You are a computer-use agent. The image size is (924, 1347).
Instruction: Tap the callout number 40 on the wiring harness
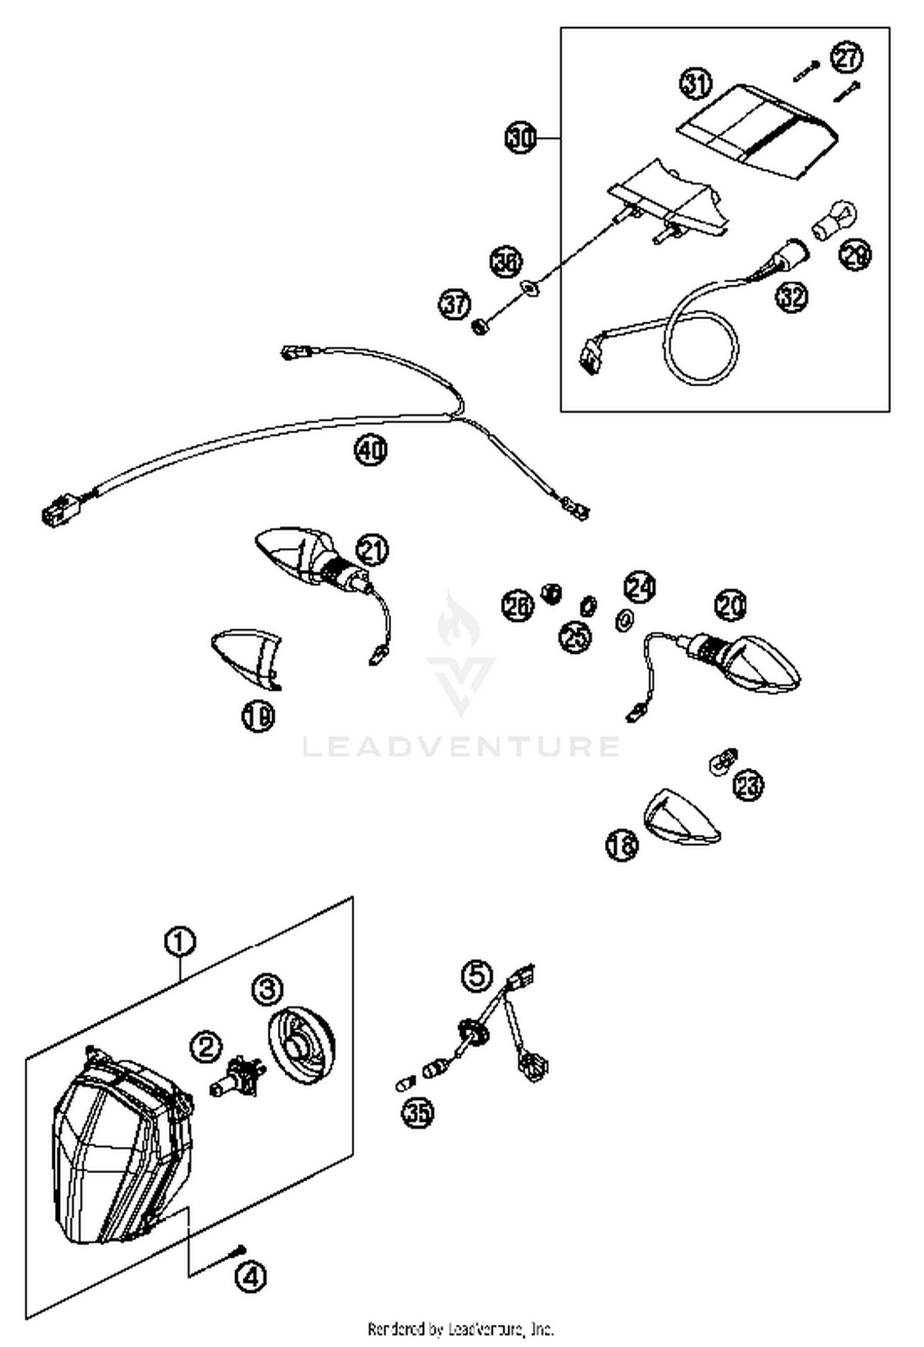pyautogui.click(x=371, y=450)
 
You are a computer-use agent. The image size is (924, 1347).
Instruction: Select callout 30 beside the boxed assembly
pyautogui.click(x=521, y=139)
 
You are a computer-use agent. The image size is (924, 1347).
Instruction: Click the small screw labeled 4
pyautogui.click(x=240, y=1250)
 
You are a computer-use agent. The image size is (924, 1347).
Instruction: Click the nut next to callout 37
pyautogui.click(x=479, y=326)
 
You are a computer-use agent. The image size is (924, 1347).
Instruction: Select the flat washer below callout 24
pyautogui.click(x=625, y=619)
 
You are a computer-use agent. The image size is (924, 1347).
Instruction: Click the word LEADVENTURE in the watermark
pyautogui.click(x=461, y=746)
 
